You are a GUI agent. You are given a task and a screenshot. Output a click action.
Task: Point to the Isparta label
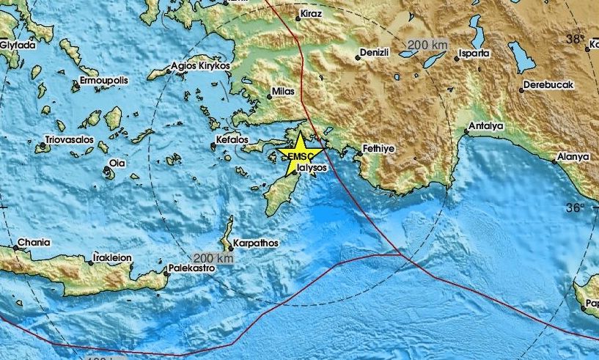(474, 54)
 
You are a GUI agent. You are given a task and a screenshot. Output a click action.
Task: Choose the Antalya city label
(487, 127)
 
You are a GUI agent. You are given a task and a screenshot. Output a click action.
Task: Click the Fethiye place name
(380, 148)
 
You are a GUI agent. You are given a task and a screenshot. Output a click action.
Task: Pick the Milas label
(283, 94)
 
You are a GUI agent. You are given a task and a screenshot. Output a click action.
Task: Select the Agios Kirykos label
(199, 65)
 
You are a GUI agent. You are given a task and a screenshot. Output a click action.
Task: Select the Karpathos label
(254, 242)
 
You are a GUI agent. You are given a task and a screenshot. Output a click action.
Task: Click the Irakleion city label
(112, 258)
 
